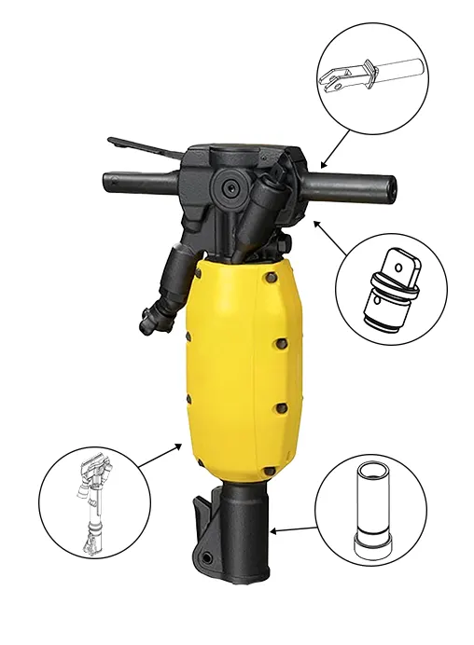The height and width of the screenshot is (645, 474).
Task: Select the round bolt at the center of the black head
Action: (229, 187)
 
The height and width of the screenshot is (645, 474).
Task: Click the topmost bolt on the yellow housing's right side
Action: (270, 277)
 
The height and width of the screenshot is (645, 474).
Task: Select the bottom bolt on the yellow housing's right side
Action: (269, 467)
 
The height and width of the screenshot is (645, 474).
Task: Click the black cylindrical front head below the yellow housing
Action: (244, 531)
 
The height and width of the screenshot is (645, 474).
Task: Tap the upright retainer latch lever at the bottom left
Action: (202, 522)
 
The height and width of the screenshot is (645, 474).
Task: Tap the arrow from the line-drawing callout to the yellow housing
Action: (160, 456)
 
